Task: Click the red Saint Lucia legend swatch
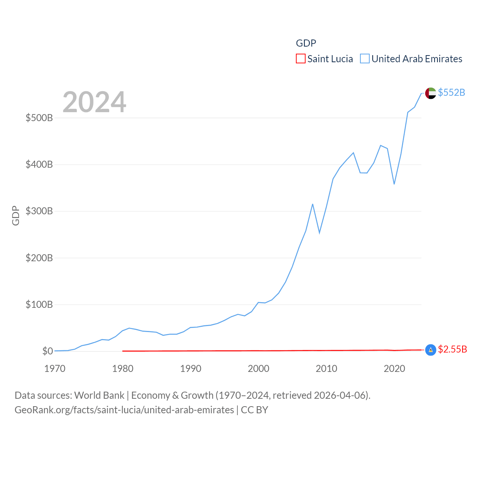click(x=300, y=59)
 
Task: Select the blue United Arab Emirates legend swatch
click(x=364, y=59)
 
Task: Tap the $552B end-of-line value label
click(x=451, y=92)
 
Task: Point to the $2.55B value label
click(x=452, y=349)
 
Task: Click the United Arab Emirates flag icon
click(x=430, y=93)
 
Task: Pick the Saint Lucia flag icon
click(x=430, y=350)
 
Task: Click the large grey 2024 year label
click(x=94, y=102)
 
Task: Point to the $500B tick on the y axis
click(x=39, y=118)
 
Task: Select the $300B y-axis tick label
click(x=39, y=211)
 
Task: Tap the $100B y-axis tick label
click(x=39, y=305)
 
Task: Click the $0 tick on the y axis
click(x=47, y=351)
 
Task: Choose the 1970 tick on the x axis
click(x=55, y=369)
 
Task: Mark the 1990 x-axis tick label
click(x=190, y=369)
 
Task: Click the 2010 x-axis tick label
click(x=326, y=369)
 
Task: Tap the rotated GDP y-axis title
click(x=16, y=215)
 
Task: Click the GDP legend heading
click(x=306, y=43)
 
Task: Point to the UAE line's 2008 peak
click(x=313, y=204)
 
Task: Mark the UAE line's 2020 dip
click(x=394, y=184)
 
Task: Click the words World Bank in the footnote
click(x=99, y=395)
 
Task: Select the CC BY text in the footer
click(x=255, y=410)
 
